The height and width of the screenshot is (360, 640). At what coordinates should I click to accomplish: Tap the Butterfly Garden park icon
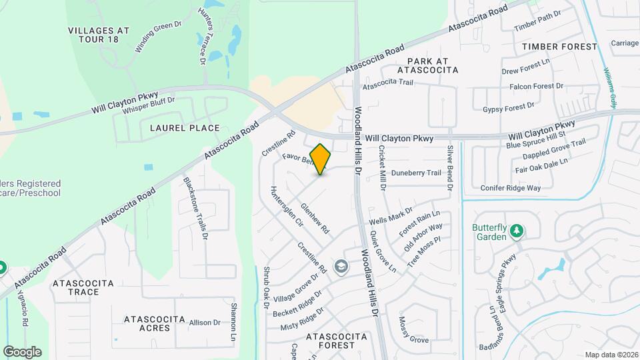(x=516, y=231)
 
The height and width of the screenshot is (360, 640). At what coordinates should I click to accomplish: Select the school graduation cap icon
(x=341, y=267)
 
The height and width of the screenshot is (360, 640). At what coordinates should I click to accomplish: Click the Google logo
(x=22, y=352)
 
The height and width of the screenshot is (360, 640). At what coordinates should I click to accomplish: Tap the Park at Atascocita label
(x=427, y=65)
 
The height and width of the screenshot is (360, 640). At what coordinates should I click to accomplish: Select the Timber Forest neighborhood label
(x=560, y=47)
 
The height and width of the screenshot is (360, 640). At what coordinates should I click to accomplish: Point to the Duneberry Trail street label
(x=417, y=173)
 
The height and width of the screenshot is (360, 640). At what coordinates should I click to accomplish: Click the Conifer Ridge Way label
(x=511, y=188)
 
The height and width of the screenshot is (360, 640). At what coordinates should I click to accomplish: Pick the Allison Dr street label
(x=205, y=323)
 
